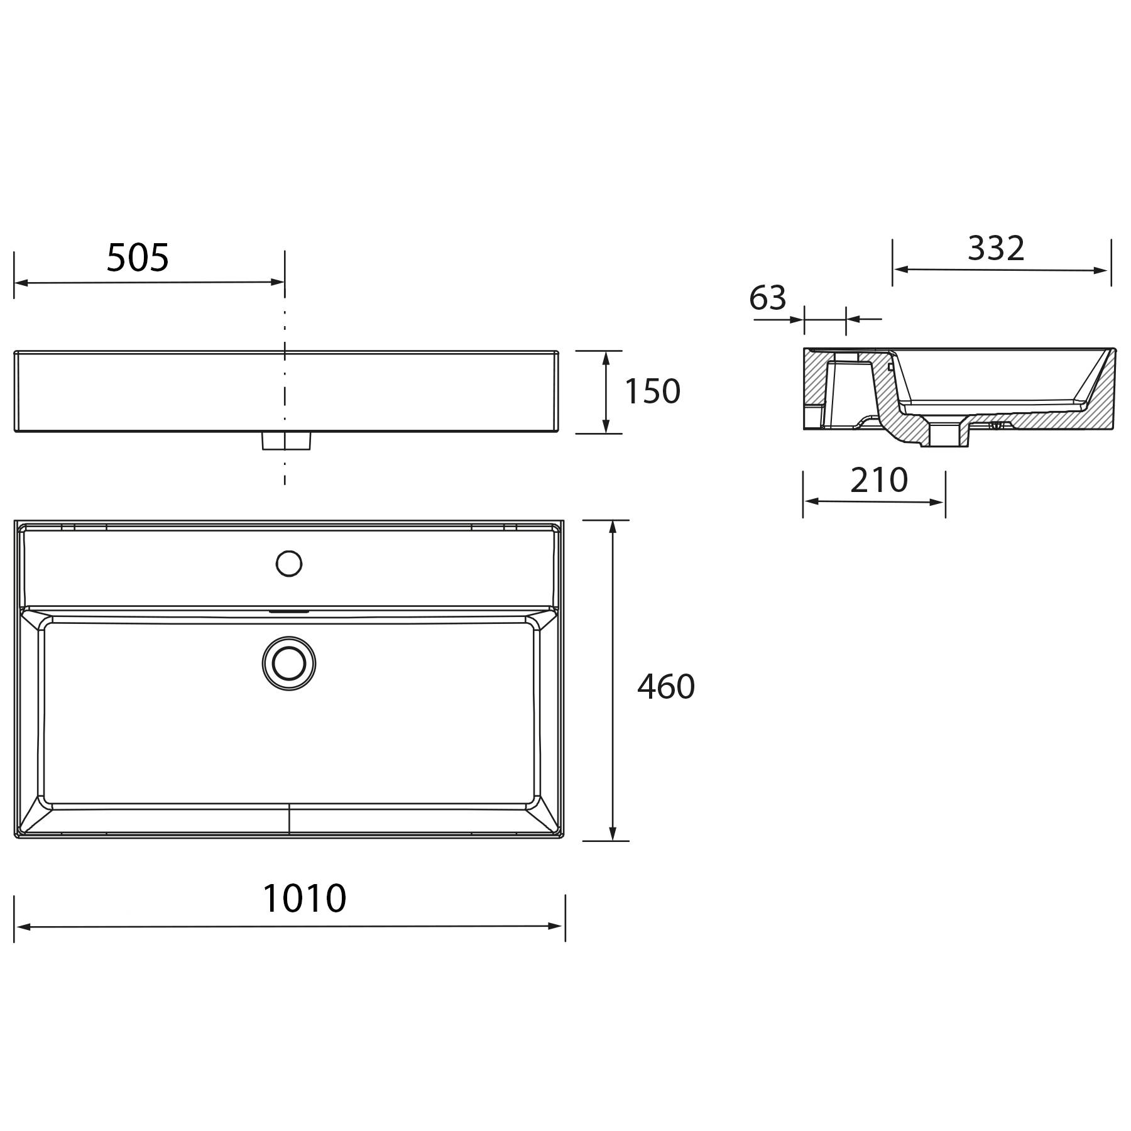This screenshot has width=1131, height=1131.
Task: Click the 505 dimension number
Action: click(138, 258)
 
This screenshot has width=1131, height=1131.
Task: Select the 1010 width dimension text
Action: click(304, 899)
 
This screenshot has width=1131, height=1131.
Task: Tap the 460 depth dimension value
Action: click(665, 687)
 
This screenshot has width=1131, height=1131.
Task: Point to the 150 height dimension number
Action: click(652, 391)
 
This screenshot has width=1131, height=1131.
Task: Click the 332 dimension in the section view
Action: click(996, 248)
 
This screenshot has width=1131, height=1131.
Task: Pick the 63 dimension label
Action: click(767, 298)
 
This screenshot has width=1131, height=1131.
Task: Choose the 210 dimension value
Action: click(878, 481)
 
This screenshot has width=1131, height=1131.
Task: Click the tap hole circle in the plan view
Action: click(289, 564)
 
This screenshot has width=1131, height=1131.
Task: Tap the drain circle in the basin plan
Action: click(289, 664)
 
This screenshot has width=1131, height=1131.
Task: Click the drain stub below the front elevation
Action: click(286, 441)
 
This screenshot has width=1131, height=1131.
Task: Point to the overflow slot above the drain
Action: click(289, 610)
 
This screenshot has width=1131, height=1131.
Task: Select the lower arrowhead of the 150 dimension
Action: click(606, 427)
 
